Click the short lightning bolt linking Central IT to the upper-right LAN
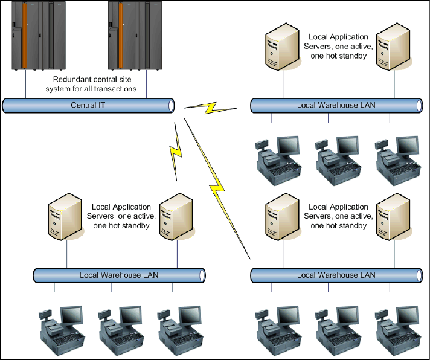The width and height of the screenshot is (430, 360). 209,108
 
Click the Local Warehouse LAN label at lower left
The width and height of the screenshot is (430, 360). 119,275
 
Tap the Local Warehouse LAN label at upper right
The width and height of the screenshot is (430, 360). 336,106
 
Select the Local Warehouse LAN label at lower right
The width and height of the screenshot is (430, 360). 336,275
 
